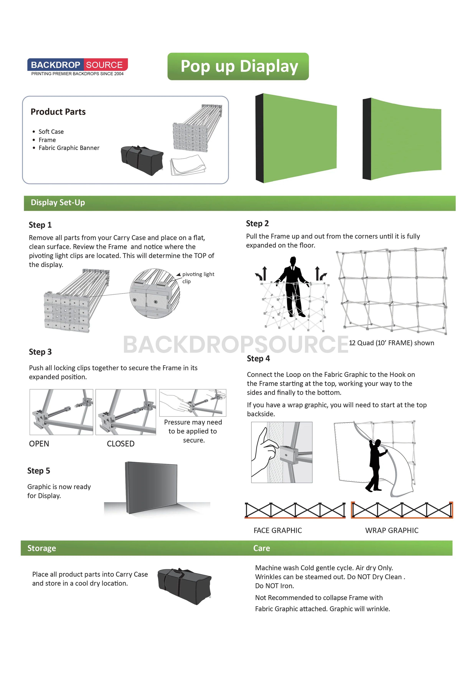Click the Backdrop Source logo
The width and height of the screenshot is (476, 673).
coord(77,67)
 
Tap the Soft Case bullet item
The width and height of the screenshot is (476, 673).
coord(51,132)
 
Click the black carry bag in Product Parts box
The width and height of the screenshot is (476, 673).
coord(142,160)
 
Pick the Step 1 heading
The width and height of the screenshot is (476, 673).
coord(40,225)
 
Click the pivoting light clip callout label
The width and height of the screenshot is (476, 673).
coord(198,278)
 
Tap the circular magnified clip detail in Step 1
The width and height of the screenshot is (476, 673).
coord(155,293)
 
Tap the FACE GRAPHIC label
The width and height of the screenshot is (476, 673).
coord(278,530)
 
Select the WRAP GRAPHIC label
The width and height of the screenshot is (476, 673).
coord(392,530)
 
